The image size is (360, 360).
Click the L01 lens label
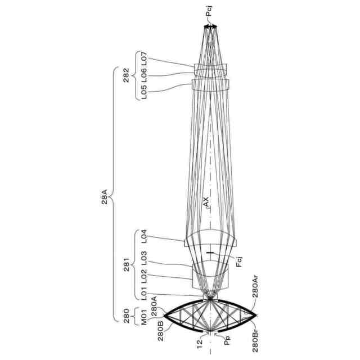click(x=143, y=293)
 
